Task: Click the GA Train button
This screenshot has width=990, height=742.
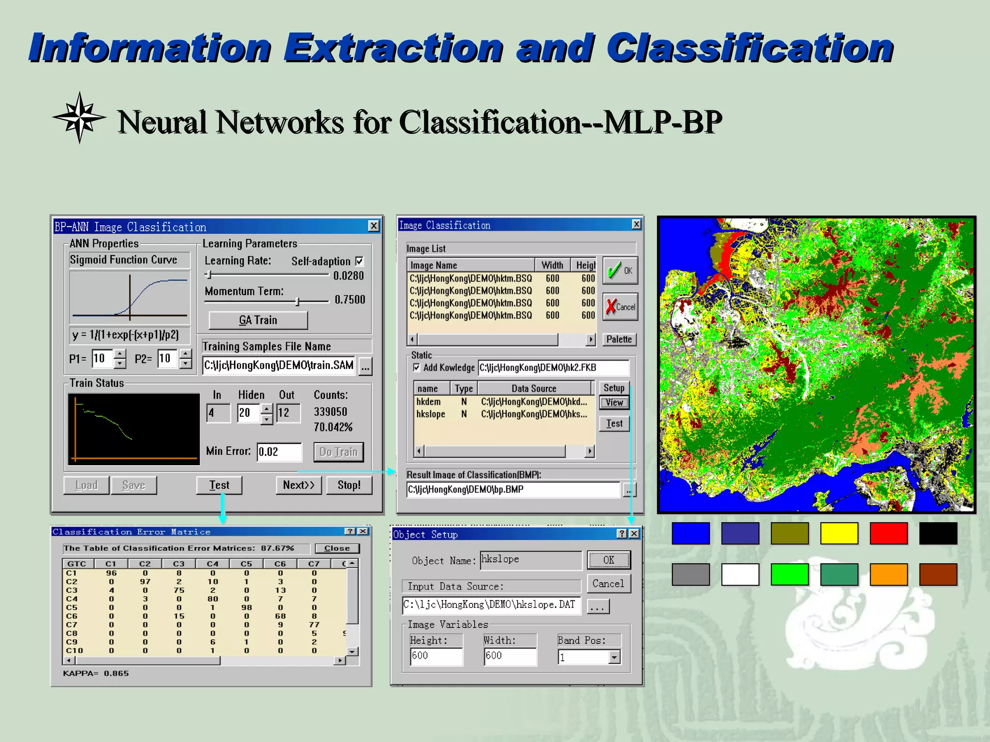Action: pyautogui.click(x=258, y=320)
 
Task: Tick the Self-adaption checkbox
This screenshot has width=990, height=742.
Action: pyautogui.click(x=359, y=261)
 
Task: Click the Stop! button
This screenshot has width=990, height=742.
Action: pyautogui.click(x=349, y=485)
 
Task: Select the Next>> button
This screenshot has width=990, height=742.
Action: pyautogui.click(x=298, y=485)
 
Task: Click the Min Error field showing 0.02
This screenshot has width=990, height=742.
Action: pyautogui.click(x=278, y=452)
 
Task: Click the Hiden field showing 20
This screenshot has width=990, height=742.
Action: pyautogui.click(x=248, y=413)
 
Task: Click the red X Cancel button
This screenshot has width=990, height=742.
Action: pyautogui.click(x=620, y=307)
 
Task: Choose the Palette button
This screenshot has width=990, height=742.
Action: pyautogui.click(x=619, y=339)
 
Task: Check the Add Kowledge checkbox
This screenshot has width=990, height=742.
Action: pyautogui.click(x=417, y=368)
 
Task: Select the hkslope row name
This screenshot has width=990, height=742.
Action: pyautogui.click(x=430, y=414)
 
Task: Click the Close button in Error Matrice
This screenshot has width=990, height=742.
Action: pyautogui.click(x=337, y=548)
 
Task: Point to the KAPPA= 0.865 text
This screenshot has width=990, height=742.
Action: pyautogui.click(x=96, y=673)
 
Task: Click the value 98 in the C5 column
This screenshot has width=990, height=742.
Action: pyautogui.click(x=247, y=607)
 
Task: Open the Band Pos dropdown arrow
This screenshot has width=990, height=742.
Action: pyautogui.click(x=614, y=657)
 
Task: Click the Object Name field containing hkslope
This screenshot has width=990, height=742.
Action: pyautogui.click(x=530, y=560)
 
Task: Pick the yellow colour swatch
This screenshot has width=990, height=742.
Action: pyautogui.click(x=839, y=533)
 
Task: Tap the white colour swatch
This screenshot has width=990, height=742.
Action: pyautogui.click(x=740, y=574)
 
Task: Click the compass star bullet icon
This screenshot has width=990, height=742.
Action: pyautogui.click(x=79, y=117)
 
